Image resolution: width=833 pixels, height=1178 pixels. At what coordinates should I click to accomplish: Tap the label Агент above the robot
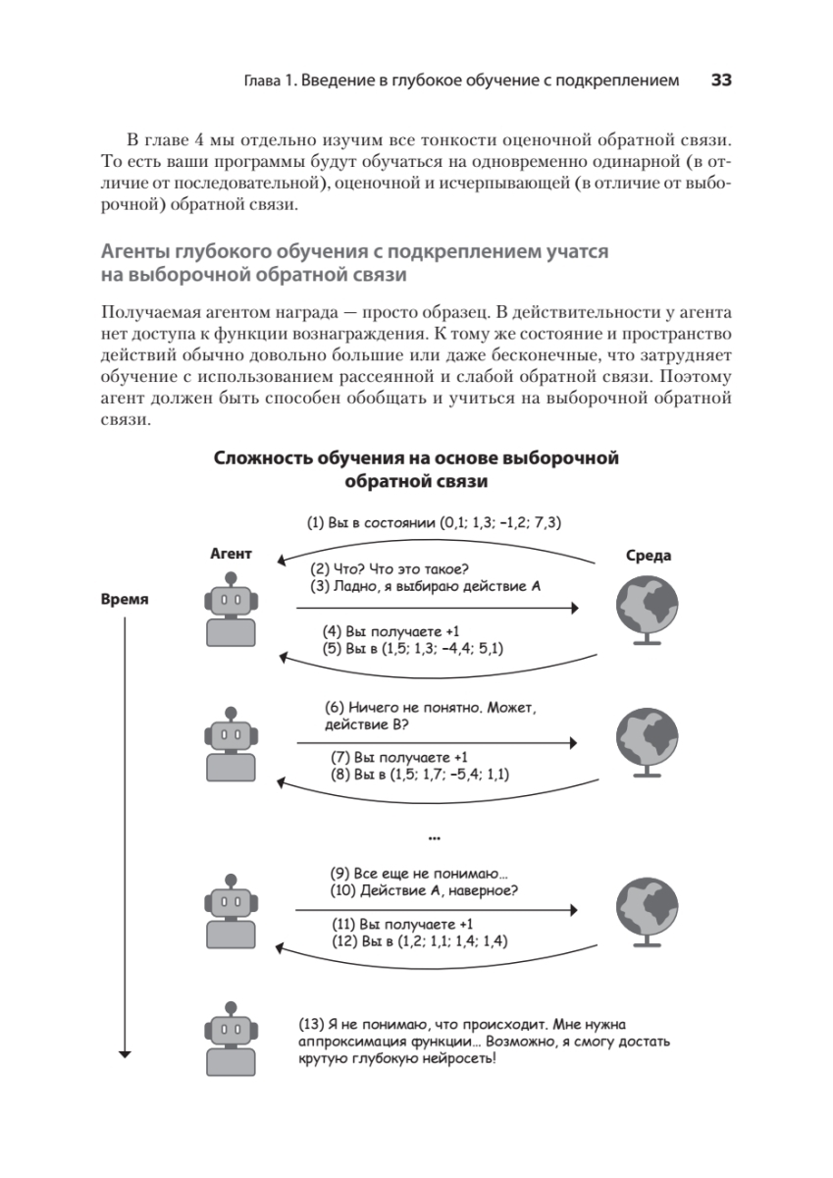(231, 554)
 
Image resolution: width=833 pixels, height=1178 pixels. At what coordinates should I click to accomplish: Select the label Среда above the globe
(648, 556)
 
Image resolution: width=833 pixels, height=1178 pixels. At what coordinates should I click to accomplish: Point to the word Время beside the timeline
(125, 600)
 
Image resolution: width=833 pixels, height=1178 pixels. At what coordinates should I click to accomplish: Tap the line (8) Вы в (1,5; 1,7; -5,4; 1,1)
(425, 775)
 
